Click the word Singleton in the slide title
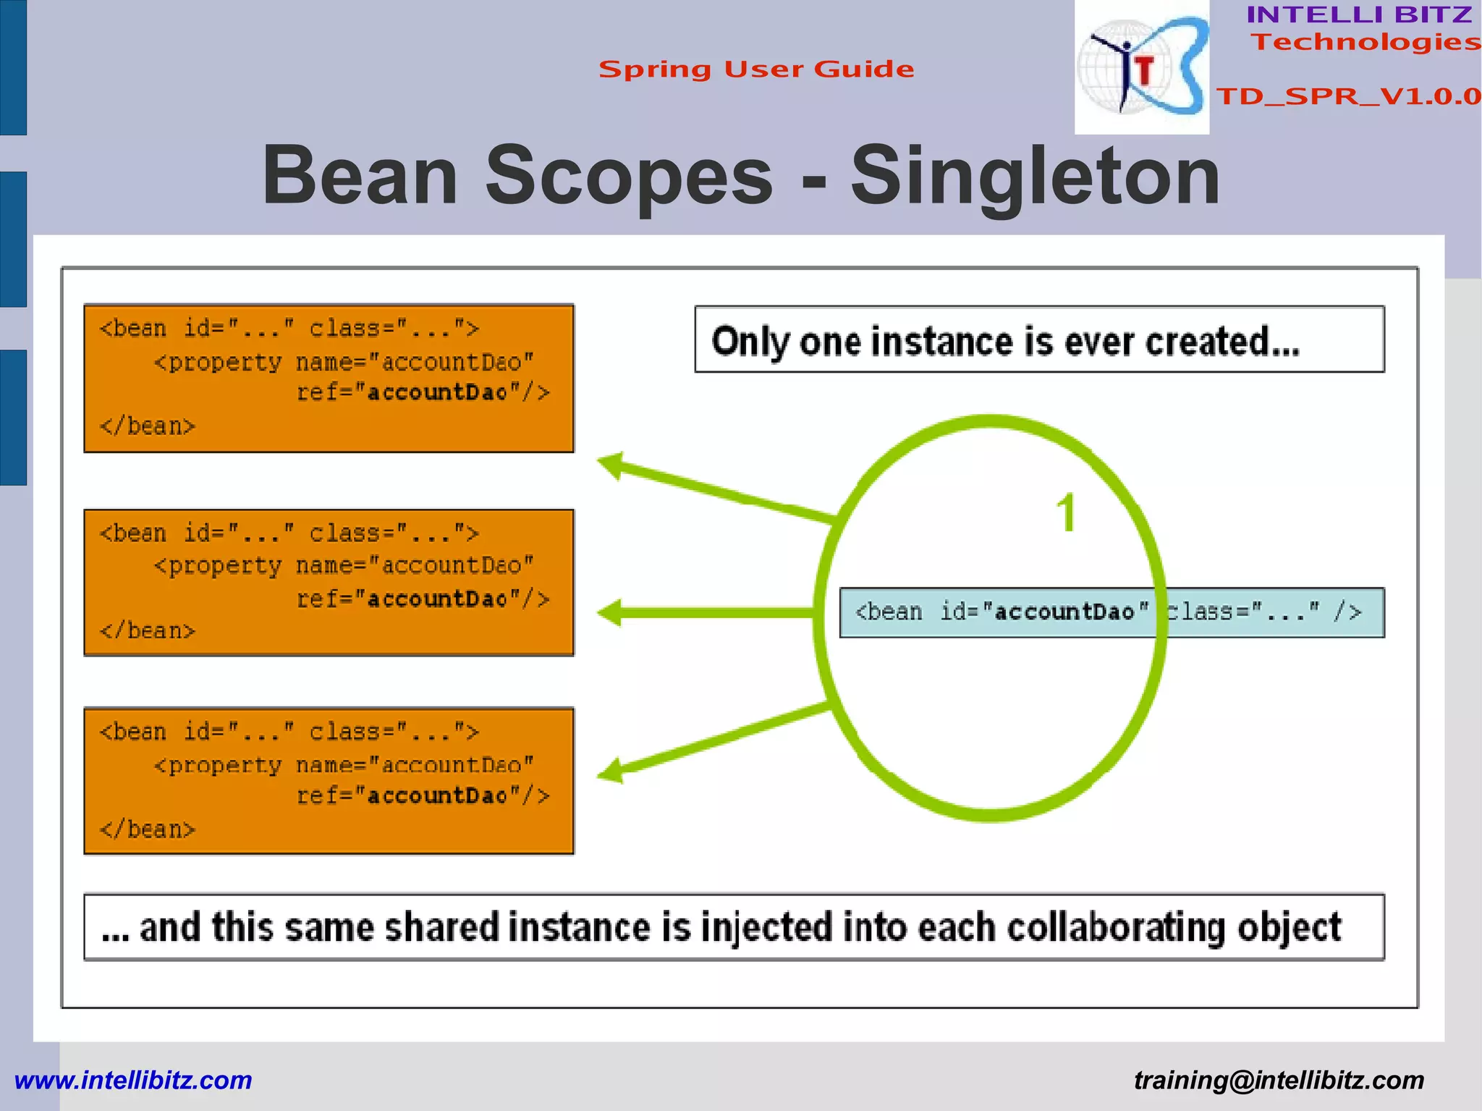pyautogui.click(x=1035, y=176)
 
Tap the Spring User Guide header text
pyautogui.click(x=756, y=69)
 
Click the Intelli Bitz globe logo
pyautogui.click(x=1141, y=67)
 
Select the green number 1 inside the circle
pyautogui.click(x=1066, y=513)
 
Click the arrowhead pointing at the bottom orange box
pyautogui.click(x=612, y=771)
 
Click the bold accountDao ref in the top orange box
pyautogui.click(x=438, y=393)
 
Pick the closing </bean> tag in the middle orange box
pyautogui.click(x=148, y=631)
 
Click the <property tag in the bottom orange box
pyautogui.click(x=218, y=765)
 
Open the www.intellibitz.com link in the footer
pyautogui.click(x=133, y=1080)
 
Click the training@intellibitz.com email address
pyautogui.click(x=1279, y=1080)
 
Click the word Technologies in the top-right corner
pyautogui.click(x=1365, y=42)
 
